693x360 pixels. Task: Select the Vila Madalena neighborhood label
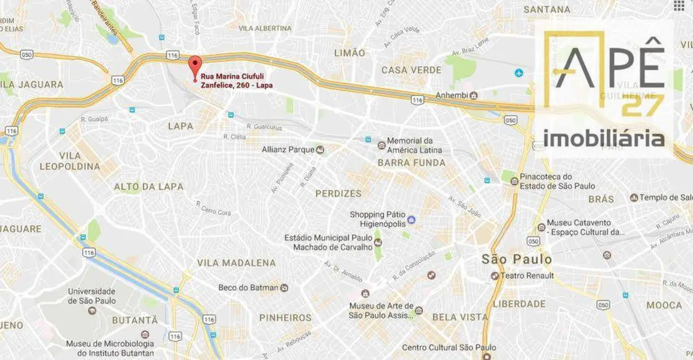(x=236, y=263)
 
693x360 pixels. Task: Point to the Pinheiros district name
(x=286, y=318)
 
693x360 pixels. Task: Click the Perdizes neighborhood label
(x=338, y=193)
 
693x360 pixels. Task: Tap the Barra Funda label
(x=411, y=163)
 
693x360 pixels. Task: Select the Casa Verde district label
(x=411, y=70)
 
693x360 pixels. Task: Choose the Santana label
(x=547, y=9)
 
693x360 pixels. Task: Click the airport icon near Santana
(x=519, y=73)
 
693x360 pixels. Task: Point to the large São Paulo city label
(x=516, y=259)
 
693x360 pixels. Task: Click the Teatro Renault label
(x=526, y=276)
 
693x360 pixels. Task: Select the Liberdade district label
(x=519, y=304)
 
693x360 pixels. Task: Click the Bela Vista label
(x=460, y=317)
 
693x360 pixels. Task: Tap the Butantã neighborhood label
(x=135, y=320)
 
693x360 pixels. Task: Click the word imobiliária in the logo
(x=604, y=138)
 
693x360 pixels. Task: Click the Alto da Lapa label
(x=148, y=187)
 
